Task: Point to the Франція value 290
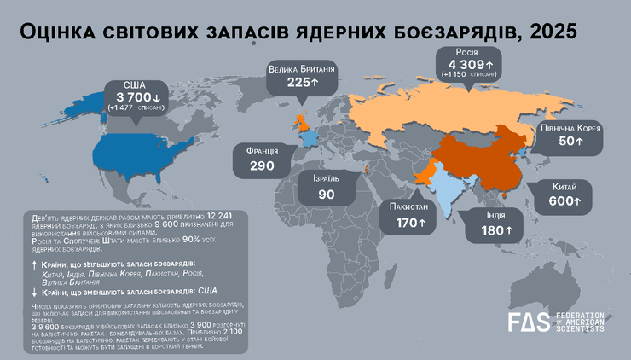[261, 165]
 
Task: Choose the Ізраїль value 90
[326, 195]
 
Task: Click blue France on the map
[308, 137]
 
